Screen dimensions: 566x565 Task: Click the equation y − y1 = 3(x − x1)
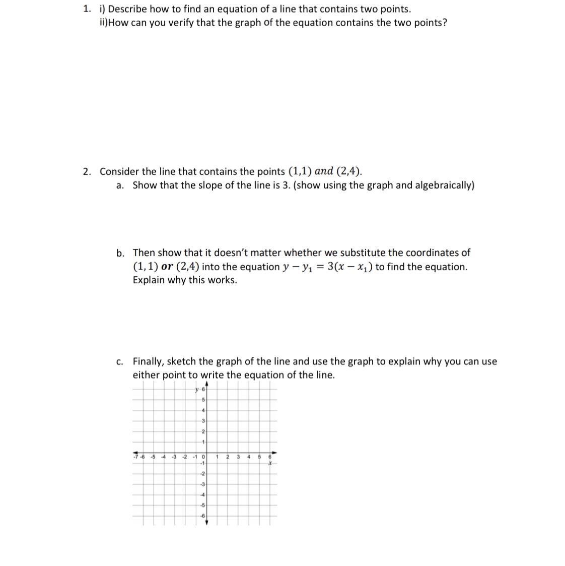tap(328, 267)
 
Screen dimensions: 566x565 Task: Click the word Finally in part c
tap(148, 361)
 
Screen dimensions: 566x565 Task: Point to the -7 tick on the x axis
tap(135, 457)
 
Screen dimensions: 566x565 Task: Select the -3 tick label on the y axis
tap(202, 484)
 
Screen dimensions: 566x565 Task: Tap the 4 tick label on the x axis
tap(249, 457)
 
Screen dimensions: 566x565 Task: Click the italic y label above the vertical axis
tap(196, 389)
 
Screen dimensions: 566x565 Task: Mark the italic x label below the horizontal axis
tap(270, 463)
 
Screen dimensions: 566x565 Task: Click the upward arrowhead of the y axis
tap(206, 385)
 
